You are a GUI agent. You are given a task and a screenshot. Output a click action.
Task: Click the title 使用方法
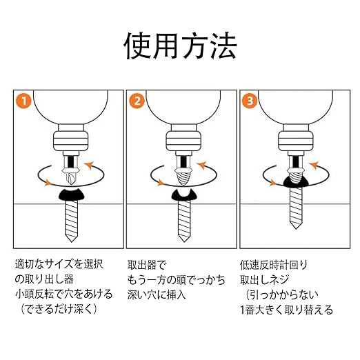pyautogui.click(x=180, y=46)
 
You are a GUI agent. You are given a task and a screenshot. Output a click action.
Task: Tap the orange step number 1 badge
pyautogui.click(x=23, y=101)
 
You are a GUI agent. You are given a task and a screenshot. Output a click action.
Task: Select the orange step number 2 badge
pyautogui.click(x=137, y=101)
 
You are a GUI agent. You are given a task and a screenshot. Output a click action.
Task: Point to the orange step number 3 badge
pyautogui.click(x=250, y=101)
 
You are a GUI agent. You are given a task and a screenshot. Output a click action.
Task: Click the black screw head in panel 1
pyautogui.click(x=72, y=194)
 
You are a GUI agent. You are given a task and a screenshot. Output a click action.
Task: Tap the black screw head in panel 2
pyautogui.click(x=184, y=195)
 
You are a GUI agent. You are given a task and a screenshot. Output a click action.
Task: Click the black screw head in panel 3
pyautogui.click(x=296, y=182)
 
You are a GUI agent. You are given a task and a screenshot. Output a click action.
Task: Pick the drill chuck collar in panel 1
pyautogui.click(x=70, y=141)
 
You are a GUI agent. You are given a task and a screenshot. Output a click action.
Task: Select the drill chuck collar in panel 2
pyautogui.click(x=183, y=141)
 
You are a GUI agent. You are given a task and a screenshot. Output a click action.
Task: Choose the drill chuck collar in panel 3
pyautogui.click(x=296, y=141)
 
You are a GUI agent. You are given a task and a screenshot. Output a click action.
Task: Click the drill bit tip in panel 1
pyautogui.click(x=71, y=178)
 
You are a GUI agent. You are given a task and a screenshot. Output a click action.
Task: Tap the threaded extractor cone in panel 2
pyautogui.click(x=183, y=178)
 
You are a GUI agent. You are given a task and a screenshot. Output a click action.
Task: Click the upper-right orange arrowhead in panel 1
pyautogui.click(x=89, y=166)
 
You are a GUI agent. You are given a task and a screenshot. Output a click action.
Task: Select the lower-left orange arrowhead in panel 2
pyautogui.click(x=161, y=183)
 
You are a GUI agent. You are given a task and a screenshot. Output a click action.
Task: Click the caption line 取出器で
pyautogui.click(x=146, y=265)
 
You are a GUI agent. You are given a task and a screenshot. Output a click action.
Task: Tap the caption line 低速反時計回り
pyautogui.click(x=274, y=265)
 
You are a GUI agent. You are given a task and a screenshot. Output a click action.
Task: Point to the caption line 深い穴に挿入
pyautogui.click(x=157, y=294)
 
